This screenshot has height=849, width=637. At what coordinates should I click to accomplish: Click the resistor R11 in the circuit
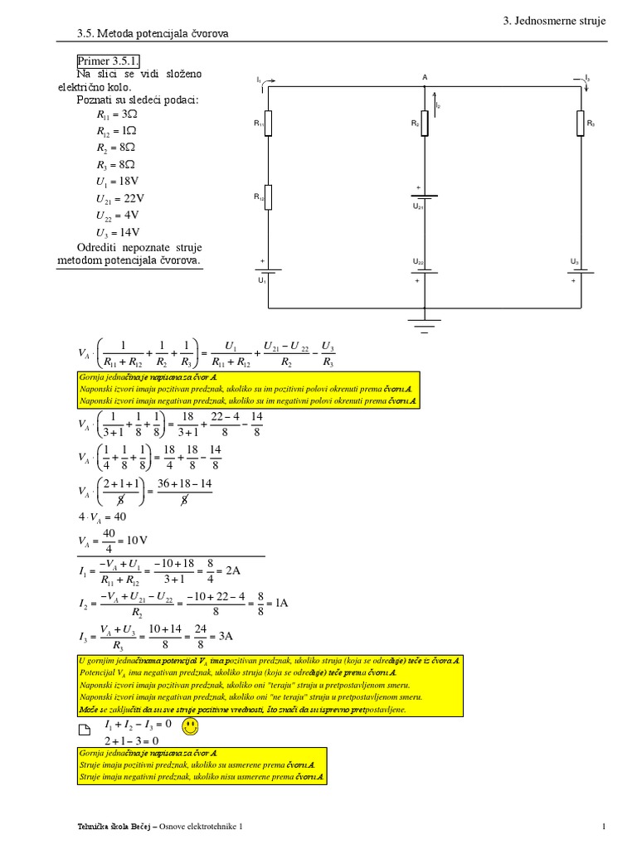pos(268,124)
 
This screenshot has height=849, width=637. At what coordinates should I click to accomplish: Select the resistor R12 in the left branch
pos(268,196)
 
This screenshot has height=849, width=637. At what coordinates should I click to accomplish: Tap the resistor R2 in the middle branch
pos(424,124)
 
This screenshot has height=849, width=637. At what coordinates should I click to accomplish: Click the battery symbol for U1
pos(268,271)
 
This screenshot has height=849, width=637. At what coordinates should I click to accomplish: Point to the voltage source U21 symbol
pos(424,196)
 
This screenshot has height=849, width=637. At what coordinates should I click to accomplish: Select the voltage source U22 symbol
pos(424,271)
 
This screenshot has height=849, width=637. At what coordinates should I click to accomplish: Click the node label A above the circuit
pos(425,77)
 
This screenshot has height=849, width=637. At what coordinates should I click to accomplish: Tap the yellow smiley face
pos(191,727)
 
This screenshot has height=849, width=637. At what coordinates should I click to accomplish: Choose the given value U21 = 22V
pos(120,198)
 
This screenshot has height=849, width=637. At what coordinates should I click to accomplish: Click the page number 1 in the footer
pos(605,826)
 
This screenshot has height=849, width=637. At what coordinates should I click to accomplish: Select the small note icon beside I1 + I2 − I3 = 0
pos(82,730)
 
